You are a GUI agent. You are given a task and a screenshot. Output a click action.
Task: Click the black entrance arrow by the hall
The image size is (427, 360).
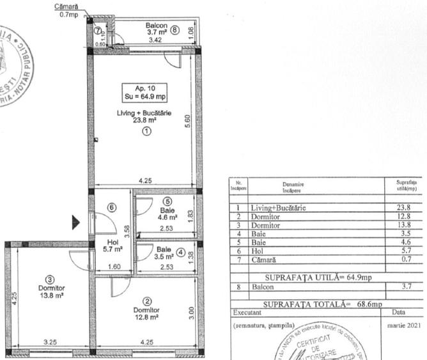pyautogui.click(x=76, y=223)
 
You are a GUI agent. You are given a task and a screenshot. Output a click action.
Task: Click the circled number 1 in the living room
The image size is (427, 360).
pyautogui.click(x=146, y=131)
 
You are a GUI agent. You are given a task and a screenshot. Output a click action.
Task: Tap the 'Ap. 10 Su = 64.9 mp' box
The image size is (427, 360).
pyautogui.click(x=145, y=93)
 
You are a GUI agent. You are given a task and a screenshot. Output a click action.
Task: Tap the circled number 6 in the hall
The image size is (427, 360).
pyautogui.click(x=111, y=207)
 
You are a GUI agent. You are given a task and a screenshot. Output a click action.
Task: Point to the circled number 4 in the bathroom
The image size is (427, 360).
pyautogui.click(x=181, y=251)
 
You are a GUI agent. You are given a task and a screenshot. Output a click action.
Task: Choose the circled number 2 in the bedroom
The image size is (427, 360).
pyautogui.click(x=146, y=301)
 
